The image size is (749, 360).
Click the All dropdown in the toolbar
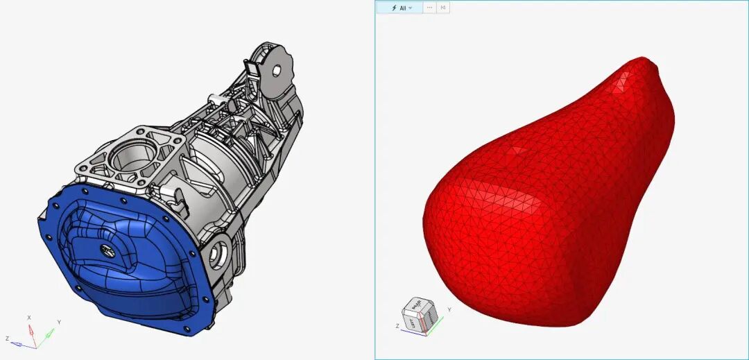[x=402, y=8]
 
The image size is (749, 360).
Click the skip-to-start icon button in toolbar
[x=443, y=8]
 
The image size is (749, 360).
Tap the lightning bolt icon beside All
[x=394, y=8]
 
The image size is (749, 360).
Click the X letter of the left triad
[x=29, y=318]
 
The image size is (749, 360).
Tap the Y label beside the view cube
[x=449, y=309]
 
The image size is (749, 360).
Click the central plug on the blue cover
[x=109, y=252]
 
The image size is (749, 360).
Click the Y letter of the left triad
[x=59, y=323]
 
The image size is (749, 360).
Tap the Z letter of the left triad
[x=6, y=338]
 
